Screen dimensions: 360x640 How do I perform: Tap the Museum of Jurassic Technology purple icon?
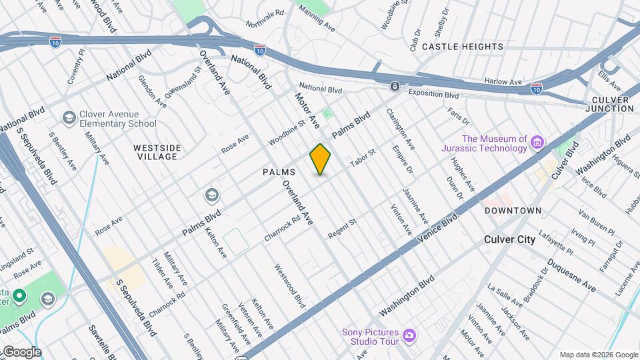[537, 141]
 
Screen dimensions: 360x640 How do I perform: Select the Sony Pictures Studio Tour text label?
[370, 337]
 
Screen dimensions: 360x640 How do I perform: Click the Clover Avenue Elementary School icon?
[69, 118]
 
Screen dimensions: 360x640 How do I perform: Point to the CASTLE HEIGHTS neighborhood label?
[463, 47]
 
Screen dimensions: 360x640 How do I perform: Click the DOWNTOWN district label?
[513, 211]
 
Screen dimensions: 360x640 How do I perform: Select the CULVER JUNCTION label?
[611, 104]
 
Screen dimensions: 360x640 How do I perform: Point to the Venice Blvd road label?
[438, 228]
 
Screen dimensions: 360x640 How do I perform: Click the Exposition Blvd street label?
[434, 93]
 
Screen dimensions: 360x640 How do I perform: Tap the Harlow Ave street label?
[503, 81]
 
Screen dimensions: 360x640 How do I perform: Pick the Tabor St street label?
[363, 158]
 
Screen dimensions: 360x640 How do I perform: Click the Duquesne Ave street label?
[571, 275]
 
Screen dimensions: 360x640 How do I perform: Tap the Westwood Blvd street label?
[289, 285]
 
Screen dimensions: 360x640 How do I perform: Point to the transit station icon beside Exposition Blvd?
[395, 87]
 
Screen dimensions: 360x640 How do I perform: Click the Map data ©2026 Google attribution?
[598, 355]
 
